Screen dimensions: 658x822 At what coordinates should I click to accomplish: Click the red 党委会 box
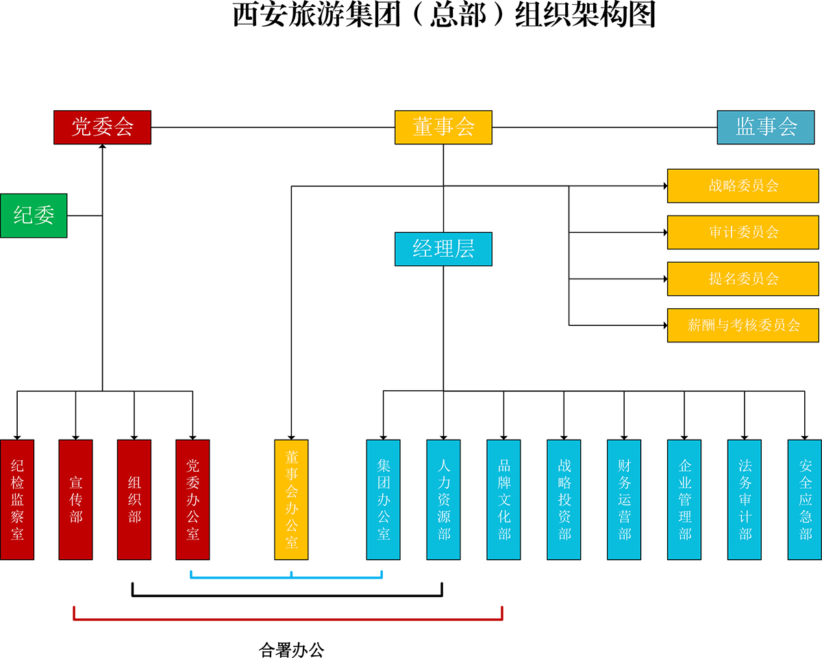(102, 127)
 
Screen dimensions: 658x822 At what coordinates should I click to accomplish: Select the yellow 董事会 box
(443, 127)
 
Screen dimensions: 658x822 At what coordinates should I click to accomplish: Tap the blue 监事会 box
(766, 127)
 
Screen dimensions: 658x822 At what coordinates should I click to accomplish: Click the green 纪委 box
(34, 216)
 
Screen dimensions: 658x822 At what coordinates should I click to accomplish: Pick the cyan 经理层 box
(443, 249)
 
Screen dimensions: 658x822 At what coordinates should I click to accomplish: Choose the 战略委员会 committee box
(743, 186)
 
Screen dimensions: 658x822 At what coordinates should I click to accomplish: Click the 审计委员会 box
(743, 232)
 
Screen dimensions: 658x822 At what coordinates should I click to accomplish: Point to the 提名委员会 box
(743, 279)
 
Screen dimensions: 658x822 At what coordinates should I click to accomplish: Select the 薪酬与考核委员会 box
(743, 325)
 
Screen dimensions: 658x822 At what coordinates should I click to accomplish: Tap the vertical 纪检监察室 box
(17, 500)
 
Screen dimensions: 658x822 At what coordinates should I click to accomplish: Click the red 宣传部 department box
(75, 500)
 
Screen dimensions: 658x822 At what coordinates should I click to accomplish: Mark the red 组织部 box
(134, 500)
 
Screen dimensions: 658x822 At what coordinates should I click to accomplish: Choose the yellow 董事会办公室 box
(291, 500)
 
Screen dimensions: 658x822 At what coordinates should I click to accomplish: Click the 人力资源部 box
(443, 500)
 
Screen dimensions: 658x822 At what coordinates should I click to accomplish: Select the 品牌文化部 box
(503, 500)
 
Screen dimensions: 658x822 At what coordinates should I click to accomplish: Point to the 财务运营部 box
(624, 500)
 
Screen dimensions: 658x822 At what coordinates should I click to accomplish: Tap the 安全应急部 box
(805, 500)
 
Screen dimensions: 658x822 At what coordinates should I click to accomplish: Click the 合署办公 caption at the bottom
(291, 649)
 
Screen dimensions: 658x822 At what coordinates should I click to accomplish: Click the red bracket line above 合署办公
(288, 620)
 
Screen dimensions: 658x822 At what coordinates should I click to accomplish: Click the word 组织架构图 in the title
(585, 15)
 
